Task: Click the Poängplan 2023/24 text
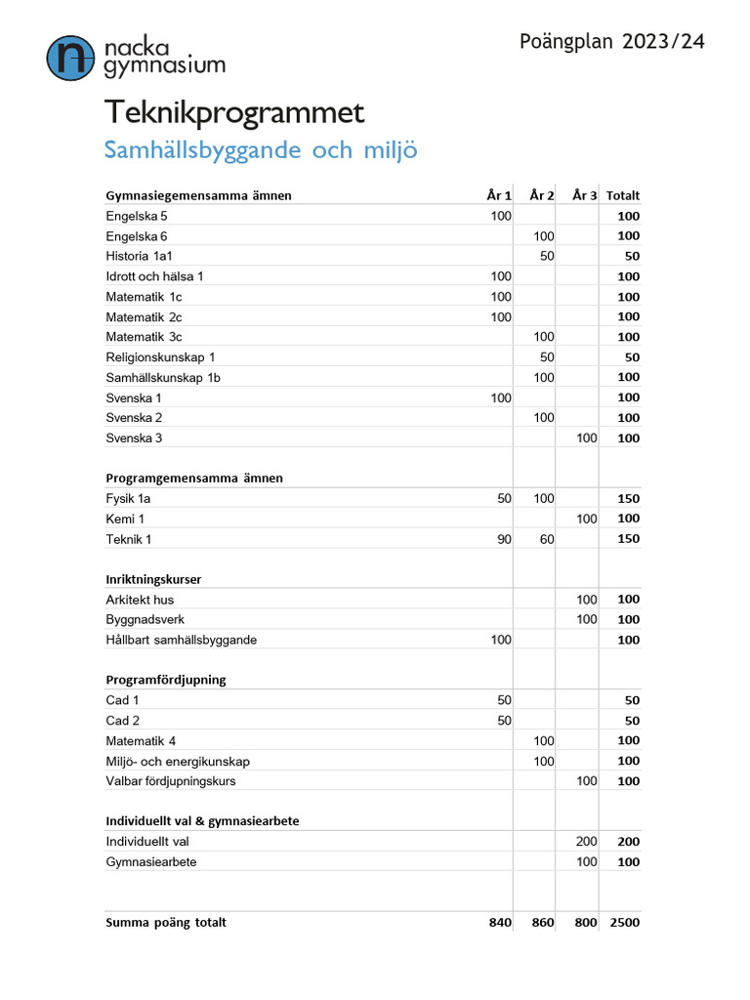611,41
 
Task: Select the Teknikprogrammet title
234,112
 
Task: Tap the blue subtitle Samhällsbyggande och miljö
261,151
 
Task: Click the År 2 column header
542,195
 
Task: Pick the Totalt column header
622,195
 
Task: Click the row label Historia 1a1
139,256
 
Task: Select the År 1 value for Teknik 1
502,539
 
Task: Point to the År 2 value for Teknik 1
543,539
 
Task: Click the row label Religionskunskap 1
160,357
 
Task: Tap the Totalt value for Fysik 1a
628,499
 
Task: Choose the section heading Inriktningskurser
153,579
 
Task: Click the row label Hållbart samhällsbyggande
181,641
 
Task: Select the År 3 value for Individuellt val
586,842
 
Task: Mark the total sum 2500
625,923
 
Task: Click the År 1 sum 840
500,923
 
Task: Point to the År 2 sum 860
542,923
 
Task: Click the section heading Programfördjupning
165,680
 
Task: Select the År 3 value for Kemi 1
586,520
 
